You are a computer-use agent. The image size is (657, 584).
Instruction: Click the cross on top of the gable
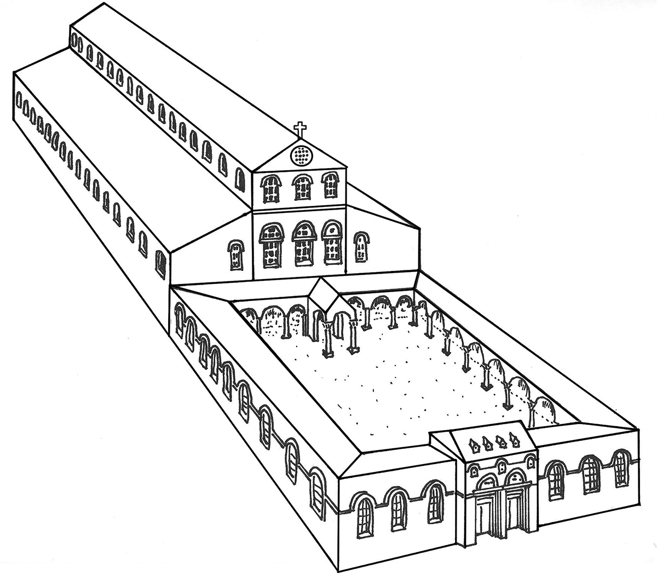[x=299, y=130]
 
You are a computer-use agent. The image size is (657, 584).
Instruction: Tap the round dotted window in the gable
[x=299, y=156]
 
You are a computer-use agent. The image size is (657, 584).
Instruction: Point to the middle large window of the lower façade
[x=303, y=244]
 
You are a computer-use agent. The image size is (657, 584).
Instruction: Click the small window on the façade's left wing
[x=235, y=255]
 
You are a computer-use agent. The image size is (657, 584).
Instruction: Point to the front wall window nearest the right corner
[x=620, y=468]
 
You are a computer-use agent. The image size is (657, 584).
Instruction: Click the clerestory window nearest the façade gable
[x=239, y=179]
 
